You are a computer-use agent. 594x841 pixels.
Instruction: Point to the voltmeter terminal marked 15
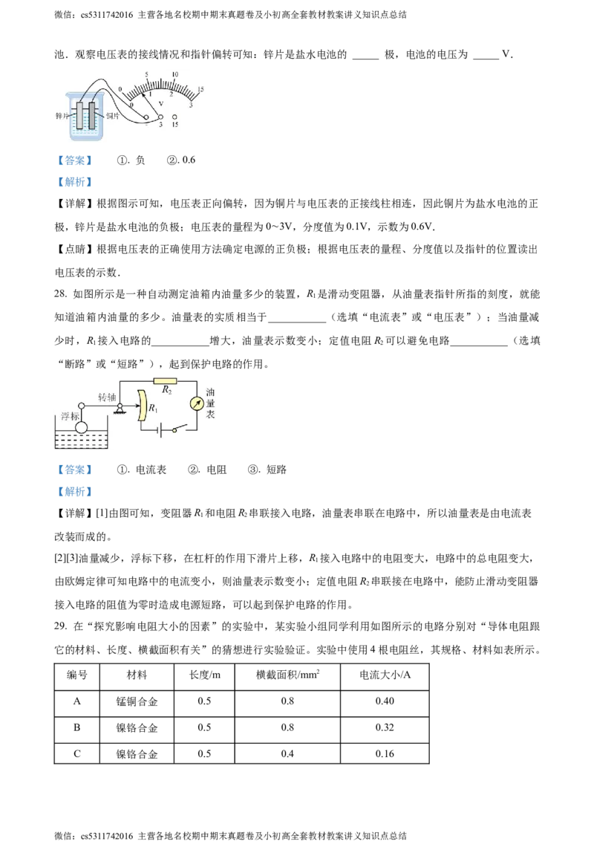174,117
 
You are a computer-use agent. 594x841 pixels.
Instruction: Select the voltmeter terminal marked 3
160,117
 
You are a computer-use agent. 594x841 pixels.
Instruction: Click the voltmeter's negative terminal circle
146,117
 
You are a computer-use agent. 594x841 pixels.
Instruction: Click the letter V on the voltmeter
160,103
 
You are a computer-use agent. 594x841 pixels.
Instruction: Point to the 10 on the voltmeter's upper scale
174,74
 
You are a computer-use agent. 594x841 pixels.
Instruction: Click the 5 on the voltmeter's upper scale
146,75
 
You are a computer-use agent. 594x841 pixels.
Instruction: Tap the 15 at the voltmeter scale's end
201,89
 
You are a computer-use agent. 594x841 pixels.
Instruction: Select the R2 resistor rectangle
165,380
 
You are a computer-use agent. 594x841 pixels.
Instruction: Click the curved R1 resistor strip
140,406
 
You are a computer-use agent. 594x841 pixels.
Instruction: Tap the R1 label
153,408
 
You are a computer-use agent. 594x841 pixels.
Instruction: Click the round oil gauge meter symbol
197,403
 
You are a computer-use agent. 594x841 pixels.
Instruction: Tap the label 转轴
108,397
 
